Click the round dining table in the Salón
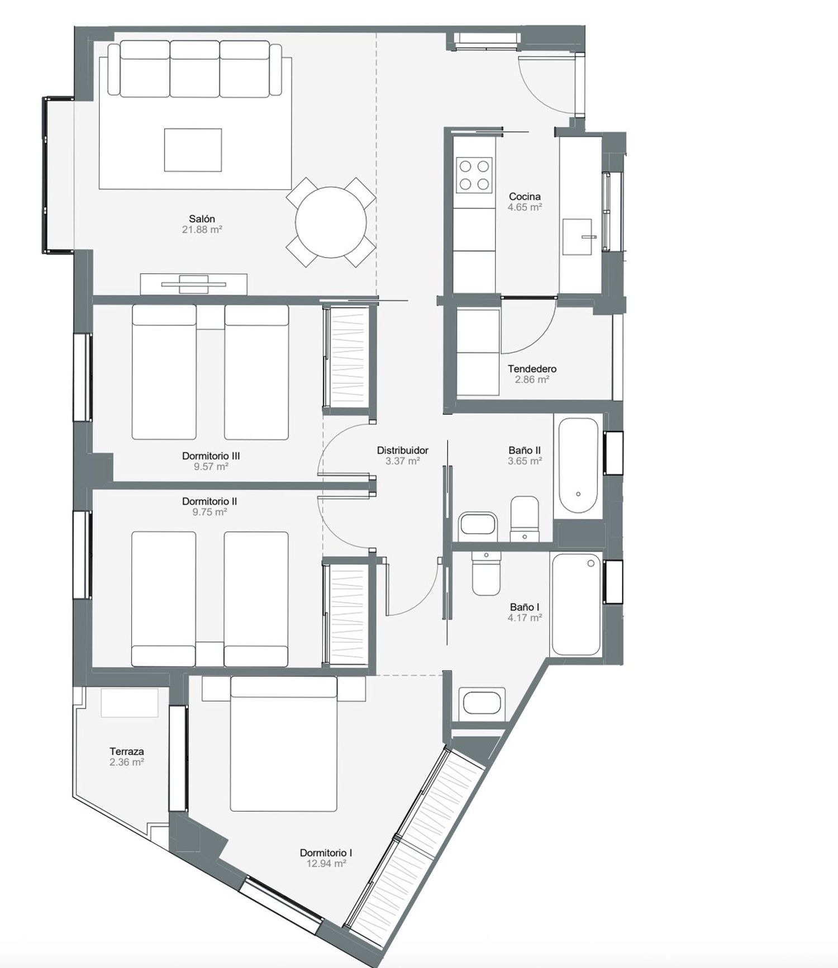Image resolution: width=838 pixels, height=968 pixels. pyautogui.click(x=331, y=222)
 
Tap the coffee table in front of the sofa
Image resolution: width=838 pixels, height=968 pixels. pyautogui.click(x=193, y=150)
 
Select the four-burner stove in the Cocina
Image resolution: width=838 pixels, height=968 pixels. pyautogui.click(x=474, y=174)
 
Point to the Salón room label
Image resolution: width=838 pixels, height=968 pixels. pyautogui.click(x=202, y=219)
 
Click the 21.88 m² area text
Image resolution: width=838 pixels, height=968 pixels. pyautogui.click(x=202, y=229)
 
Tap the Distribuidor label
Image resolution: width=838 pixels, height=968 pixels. pyautogui.click(x=402, y=450)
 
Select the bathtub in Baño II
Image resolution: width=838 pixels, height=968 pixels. pyautogui.click(x=578, y=466)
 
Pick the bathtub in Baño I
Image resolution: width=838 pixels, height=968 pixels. pyautogui.click(x=576, y=604)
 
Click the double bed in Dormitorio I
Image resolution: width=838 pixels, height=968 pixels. pyautogui.click(x=284, y=744)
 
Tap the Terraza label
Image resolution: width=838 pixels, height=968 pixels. pyautogui.click(x=127, y=751)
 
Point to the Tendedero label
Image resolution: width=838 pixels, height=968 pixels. pyautogui.click(x=532, y=369)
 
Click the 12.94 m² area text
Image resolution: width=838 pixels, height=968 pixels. pyautogui.click(x=326, y=863)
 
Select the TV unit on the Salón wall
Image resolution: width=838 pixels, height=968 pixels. pyautogui.click(x=193, y=284)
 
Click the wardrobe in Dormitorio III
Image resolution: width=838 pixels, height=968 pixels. pyautogui.click(x=347, y=358)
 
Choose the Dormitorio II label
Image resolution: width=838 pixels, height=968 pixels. pyautogui.click(x=209, y=501)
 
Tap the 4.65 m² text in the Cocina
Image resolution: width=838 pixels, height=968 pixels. pyautogui.click(x=525, y=207)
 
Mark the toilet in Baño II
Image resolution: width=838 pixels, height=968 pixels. pyautogui.click(x=525, y=519)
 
